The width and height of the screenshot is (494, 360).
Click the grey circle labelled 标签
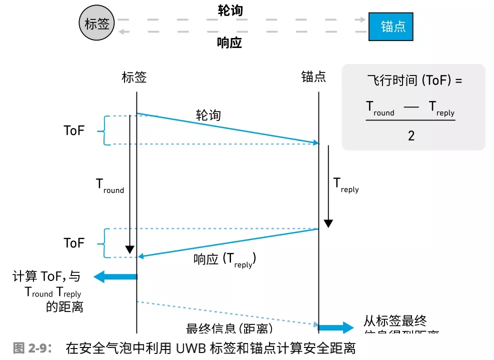click(x=97, y=24)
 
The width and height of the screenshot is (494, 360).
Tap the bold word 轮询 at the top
click(x=230, y=10)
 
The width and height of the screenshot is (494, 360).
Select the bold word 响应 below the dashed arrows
click(x=229, y=42)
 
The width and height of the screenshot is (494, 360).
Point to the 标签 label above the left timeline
click(x=134, y=77)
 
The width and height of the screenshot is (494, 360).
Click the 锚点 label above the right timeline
click(x=313, y=77)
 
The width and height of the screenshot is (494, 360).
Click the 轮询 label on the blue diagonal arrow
click(x=208, y=115)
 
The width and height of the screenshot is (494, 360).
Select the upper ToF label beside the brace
click(x=74, y=130)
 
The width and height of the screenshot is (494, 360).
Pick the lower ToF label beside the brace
click(x=74, y=243)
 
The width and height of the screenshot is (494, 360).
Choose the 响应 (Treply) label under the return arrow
click(x=224, y=259)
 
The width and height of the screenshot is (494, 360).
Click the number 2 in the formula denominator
click(x=411, y=135)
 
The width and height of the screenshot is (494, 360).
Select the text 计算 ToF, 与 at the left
click(x=46, y=276)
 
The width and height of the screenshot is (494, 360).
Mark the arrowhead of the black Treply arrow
click(x=328, y=223)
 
